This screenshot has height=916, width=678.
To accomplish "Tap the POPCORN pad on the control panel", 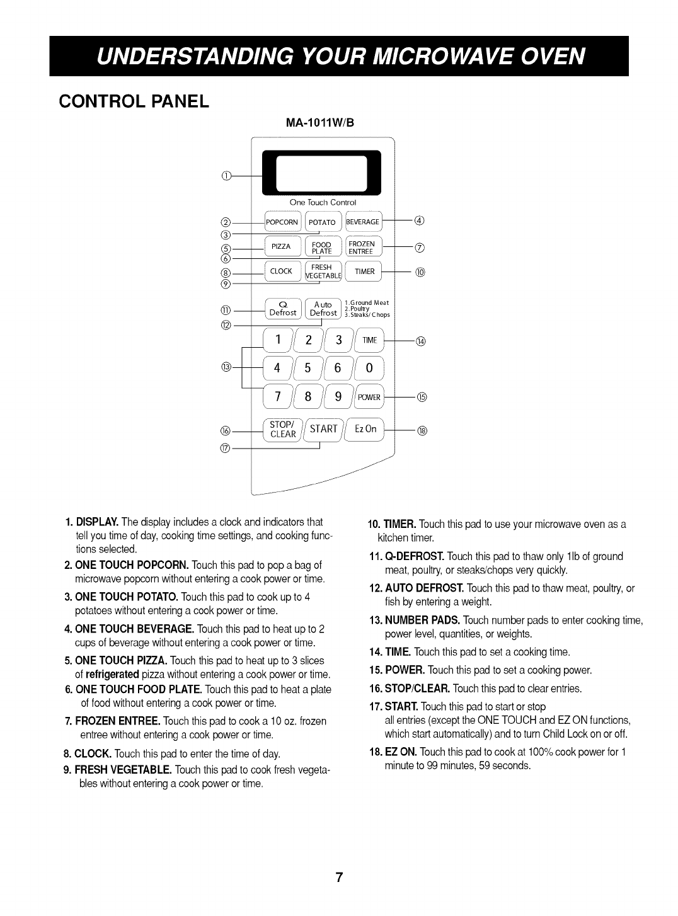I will point(282,222).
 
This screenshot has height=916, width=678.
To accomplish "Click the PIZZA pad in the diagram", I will point(282,246).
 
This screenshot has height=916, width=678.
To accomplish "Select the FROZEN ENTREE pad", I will point(362,248).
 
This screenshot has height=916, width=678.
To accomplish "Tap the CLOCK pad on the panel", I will point(281,272).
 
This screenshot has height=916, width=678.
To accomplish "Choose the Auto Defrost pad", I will point(323,309).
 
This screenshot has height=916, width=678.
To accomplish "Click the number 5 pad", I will point(308,368).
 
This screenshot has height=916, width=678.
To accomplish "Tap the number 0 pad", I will point(370,368).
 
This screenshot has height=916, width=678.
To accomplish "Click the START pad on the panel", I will point(324,429).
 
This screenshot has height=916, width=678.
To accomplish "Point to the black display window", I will point(323,173).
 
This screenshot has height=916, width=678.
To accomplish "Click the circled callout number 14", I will point(422,341).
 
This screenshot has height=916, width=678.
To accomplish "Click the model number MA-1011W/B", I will point(323,123).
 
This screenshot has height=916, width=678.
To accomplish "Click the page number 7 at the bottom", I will point(339,860).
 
